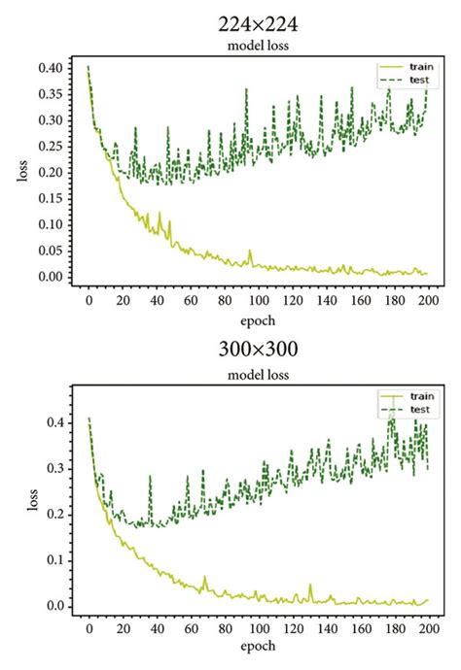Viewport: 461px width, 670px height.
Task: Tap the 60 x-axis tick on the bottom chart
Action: pyautogui.click(x=191, y=627)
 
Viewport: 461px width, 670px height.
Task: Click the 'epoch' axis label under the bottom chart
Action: pyautogui.click(x=259, y=645)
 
